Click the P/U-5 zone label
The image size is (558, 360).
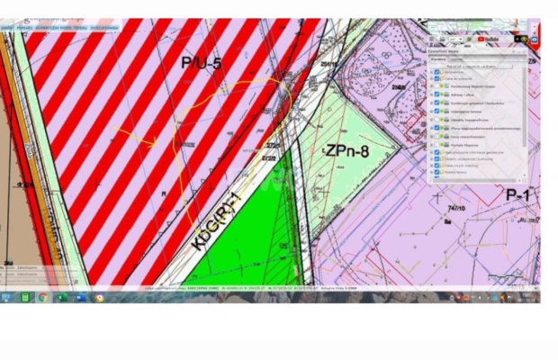click(201, 63)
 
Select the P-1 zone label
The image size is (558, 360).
click(519, 193)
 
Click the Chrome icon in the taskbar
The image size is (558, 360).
click(42, 297)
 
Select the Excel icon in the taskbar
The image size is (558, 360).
click(61, 297)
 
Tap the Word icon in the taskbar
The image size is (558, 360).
click(79, 297)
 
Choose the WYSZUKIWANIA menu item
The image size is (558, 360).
click(104, 28)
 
